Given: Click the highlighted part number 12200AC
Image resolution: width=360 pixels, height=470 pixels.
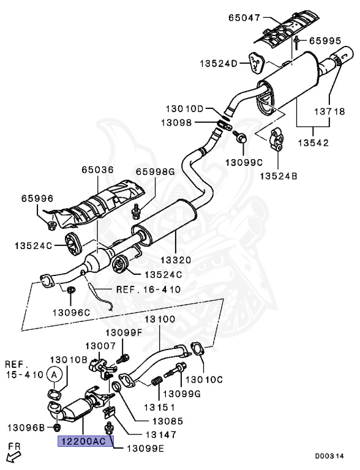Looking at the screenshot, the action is pyautogui.click(x=84, y=441).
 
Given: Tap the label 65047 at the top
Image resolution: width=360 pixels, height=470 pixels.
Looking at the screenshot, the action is pyautogui.click(x=244, y=18).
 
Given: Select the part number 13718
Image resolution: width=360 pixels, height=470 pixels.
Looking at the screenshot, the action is pyautogui.click(x=330, y=111).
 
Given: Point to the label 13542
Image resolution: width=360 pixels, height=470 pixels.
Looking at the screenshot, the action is pyautogui.click(x=313, y=143).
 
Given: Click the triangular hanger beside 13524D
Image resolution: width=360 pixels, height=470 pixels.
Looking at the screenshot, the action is pyautogui.click(x=256, y=62).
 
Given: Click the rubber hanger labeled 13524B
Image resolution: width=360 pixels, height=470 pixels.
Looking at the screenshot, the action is pyautogui.click(x=277, y=139).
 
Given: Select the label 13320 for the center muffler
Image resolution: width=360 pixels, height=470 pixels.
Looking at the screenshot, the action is pyautogui.click(x=176, y=259).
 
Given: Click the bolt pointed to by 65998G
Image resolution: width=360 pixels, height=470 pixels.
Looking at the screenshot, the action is pyautogui.click(x=137, y=211).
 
